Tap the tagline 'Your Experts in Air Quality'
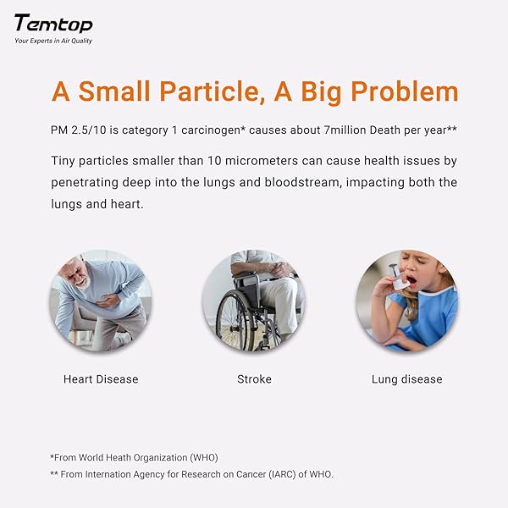53,41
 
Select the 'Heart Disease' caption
101,379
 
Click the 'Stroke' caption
254,379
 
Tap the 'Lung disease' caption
406,379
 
